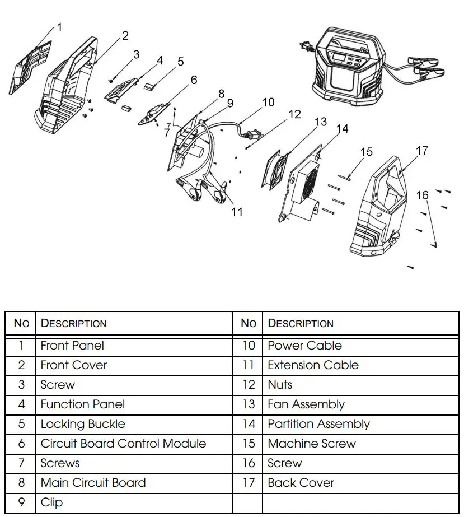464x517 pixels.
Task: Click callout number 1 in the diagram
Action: (59, 27)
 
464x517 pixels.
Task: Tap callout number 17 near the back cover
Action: (421, 151)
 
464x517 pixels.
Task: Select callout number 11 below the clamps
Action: (237, 212)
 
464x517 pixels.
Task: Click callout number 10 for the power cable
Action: (268, 102)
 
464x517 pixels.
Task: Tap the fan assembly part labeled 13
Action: (275, 168)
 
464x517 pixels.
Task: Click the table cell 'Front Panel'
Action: (72, 346)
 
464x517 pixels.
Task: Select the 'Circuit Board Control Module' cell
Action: (123, 444)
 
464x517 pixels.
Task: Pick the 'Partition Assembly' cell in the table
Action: (318, 424)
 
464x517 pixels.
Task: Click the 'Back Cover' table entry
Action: (301, 483)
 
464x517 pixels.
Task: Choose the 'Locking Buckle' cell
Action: (83, 424)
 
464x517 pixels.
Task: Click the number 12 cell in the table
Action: (248, 385)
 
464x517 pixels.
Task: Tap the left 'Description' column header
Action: (73, 323)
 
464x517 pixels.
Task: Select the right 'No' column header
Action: (248, 323)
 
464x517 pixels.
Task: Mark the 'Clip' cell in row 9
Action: (51, 502)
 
